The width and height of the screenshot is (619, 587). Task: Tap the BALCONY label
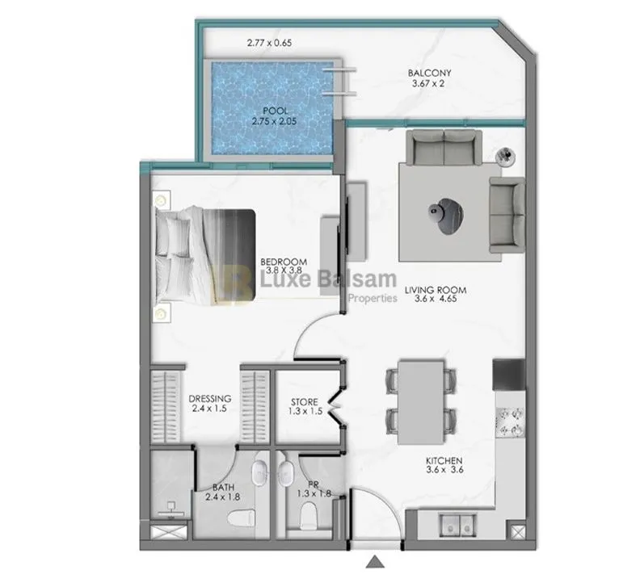coord(429,73)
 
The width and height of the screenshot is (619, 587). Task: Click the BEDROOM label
coord(283,262)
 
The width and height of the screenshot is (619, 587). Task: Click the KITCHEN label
coord(443,463)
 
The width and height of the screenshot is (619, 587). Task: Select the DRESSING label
coord(210,398)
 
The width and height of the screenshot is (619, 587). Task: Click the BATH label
coord(223,488)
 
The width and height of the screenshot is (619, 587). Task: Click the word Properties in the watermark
coord(372,298)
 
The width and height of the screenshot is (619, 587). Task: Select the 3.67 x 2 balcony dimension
coord(429,83)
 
